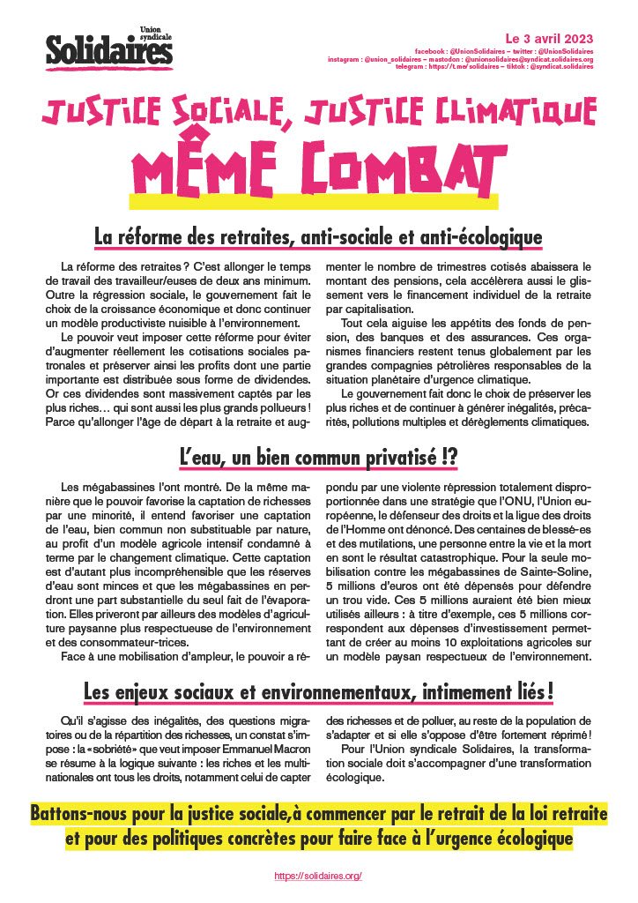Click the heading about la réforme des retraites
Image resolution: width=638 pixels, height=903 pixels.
(x=318, y=238)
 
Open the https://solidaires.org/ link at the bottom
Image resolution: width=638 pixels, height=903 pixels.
(x=319, y=876)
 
